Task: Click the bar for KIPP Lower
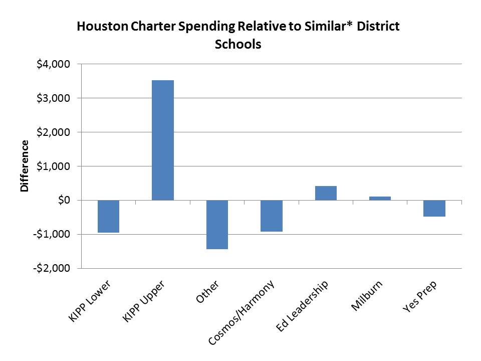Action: coord(108,216)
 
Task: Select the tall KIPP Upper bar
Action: coord(162,140)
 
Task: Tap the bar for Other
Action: coord(216,224)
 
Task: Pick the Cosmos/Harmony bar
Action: coord(271,216)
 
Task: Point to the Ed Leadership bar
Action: coord(326,193)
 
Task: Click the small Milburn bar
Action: coord(380,198)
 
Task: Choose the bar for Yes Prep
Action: coord(434,208)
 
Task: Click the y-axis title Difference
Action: coord(24,166)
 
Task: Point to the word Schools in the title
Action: coord(238,44)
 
